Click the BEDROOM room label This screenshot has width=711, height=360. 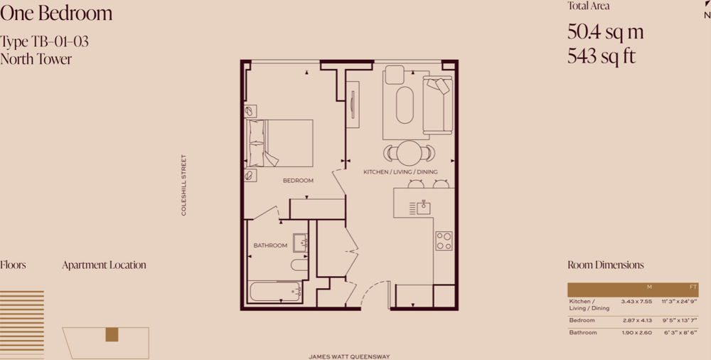coord(298,181)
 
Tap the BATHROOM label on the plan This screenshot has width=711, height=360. coord(270,245)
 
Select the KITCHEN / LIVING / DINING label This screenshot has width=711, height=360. coord(400,172)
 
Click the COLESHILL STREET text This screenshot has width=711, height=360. coord(183,185)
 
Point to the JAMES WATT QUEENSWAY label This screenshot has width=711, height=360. coord(349,357)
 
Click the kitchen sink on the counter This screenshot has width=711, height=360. coord(424,208)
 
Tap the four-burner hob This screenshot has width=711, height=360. coord(444,241)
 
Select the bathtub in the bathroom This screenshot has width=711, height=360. coord(275,292)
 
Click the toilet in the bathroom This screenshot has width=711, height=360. coord(299,265)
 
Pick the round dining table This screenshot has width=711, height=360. coord(409,153)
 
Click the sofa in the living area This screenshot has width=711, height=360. coord(437,105)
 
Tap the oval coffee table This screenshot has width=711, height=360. coord(405,105)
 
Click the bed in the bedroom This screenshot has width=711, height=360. coord(279,143)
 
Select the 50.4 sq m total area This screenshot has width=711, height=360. coord(605,32)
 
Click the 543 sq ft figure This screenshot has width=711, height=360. coord(602,56)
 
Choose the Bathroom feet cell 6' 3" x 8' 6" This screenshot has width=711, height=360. coord(681,333)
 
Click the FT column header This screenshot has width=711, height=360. coord(693,287)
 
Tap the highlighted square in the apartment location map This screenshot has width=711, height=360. coord(112,334)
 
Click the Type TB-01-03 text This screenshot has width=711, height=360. coord(44,42)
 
